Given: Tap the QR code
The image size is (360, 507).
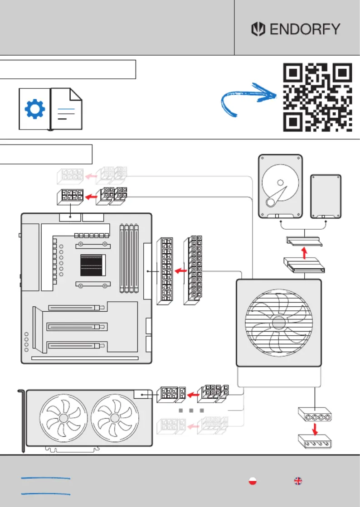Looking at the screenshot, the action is (318, 97).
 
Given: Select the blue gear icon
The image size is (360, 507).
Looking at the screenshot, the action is (35, 109).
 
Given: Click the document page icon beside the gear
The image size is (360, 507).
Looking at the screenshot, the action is (67, 109).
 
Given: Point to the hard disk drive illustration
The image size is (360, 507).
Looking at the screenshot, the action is (281, 186).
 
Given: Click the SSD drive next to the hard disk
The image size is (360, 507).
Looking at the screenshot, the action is (326, 197).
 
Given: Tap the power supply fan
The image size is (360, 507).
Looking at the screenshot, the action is (279, 323).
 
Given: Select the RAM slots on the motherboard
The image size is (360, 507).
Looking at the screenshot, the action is (129, 258).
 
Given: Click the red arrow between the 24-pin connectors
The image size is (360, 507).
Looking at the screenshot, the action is (181, 270).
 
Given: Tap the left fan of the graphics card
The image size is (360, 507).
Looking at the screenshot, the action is (64, 418).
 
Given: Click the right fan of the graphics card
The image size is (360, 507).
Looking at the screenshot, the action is (115, 418).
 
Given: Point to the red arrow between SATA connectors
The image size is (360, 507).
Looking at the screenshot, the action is (304, 253).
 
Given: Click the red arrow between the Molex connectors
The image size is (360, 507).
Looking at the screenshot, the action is (315, 429).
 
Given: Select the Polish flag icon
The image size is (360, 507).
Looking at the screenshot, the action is (253, 481).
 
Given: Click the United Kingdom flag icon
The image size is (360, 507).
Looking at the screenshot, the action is (298, 481).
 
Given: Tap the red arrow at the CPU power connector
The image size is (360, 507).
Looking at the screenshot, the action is (91, 196).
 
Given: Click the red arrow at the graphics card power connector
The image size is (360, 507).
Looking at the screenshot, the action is (194, 395).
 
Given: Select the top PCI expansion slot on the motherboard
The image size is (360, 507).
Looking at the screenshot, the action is (78, 308).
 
